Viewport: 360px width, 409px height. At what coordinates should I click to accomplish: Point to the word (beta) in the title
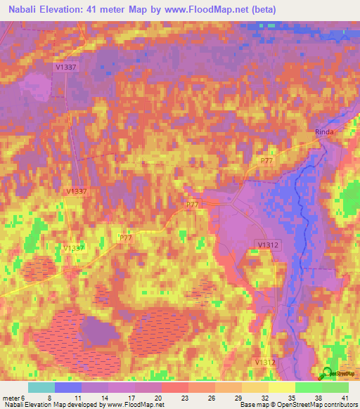click(x=261, y=10)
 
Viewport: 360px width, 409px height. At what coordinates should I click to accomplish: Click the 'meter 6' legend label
click(x=13, y=396)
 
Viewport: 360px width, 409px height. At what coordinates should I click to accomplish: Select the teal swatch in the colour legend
click(x=41, y=387)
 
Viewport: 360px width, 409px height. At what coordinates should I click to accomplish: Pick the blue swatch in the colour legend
click(x=68, y=387)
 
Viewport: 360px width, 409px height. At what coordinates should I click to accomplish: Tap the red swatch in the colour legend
click(x=175, y=387)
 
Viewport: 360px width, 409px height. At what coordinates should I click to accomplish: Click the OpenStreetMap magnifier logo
click(x=327, y=375)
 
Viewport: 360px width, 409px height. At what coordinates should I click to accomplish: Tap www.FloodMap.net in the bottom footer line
click(x=135, y=405)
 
